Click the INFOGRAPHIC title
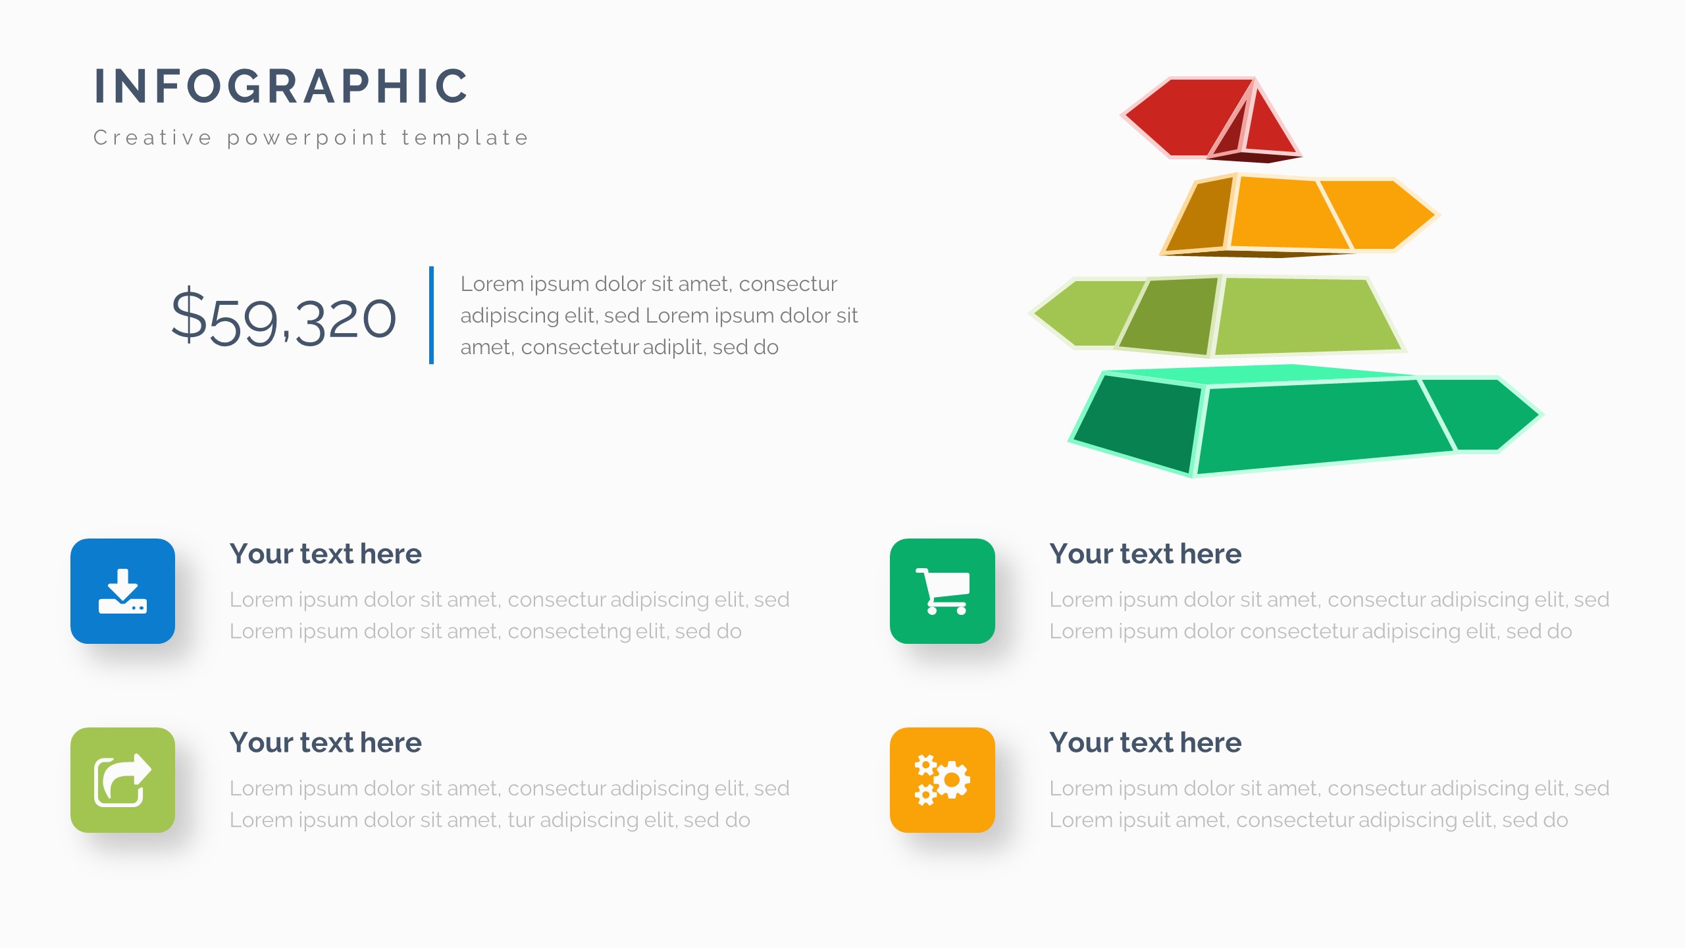coord(281,86)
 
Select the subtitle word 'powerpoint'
coord(307,138)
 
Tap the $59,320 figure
coord(284,318)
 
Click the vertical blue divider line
coord(431,315)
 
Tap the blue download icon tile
coord(122,591)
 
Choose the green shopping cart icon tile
coord(942,591)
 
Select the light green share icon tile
coord(122,779)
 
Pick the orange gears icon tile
coord(942,779)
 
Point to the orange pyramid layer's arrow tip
coord(1436,215)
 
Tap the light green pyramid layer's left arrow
coord(1086,313)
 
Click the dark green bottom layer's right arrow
coord(1488,414)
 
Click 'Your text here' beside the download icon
coord(325,554)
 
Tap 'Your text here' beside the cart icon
coord(1145,554)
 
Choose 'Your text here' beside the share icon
coord(325,743)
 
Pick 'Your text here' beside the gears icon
coord(1145,743)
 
